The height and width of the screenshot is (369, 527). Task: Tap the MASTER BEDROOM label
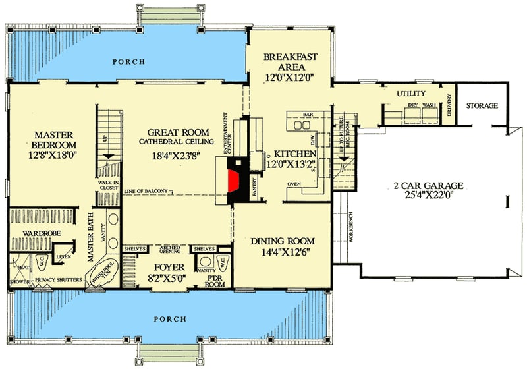(x=55, y=139)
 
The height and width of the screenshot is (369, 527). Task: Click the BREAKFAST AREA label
(x=291, y=62)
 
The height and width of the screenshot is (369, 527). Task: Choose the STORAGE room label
(x=482, y=105)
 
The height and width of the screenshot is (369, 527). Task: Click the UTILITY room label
(x=412, y=94)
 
